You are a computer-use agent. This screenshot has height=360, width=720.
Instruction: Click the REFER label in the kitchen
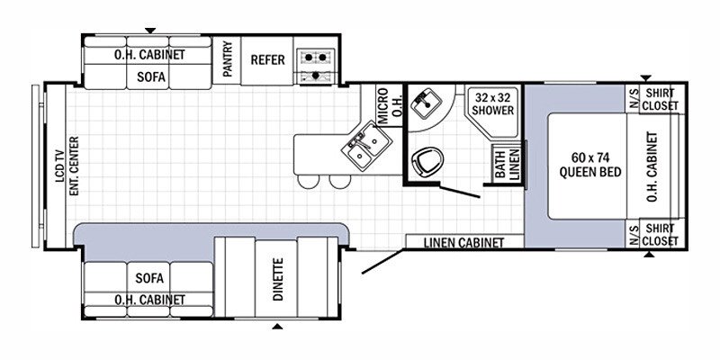tap(267, 60)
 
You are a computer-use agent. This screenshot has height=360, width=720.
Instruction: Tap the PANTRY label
tap(228, 59)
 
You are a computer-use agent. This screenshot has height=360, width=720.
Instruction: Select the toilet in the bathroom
tap(427, 161)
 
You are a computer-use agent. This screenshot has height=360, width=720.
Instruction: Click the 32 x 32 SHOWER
tap(493, 111)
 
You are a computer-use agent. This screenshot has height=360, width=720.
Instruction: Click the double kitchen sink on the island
tap(366, 146)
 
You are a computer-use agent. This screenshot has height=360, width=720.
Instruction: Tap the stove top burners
tap(316, 66)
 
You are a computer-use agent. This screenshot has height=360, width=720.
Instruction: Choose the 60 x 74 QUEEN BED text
tap(590, 165)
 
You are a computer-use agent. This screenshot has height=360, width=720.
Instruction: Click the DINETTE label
tap(278, 279)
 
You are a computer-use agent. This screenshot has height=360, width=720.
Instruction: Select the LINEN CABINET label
tap(463, 242)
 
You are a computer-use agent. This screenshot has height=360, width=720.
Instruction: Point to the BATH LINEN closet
tap(507, 164)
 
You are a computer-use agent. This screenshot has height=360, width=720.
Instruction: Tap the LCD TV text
tap(59, 166)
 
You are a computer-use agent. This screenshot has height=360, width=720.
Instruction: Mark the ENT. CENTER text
tap(75, 166)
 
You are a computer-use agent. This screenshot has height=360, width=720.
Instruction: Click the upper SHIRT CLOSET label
tap(660, 99)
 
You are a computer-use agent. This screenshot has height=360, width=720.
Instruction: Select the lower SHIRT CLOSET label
tap(660, 235)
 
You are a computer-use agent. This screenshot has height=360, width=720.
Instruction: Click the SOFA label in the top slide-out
tap(151, 76)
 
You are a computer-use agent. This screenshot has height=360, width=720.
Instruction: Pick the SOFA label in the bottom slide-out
tap(149, 278)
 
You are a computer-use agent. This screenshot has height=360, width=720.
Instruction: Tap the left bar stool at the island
tap(308, 181)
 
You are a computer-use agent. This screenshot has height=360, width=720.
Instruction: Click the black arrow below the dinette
tap(277, 327)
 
